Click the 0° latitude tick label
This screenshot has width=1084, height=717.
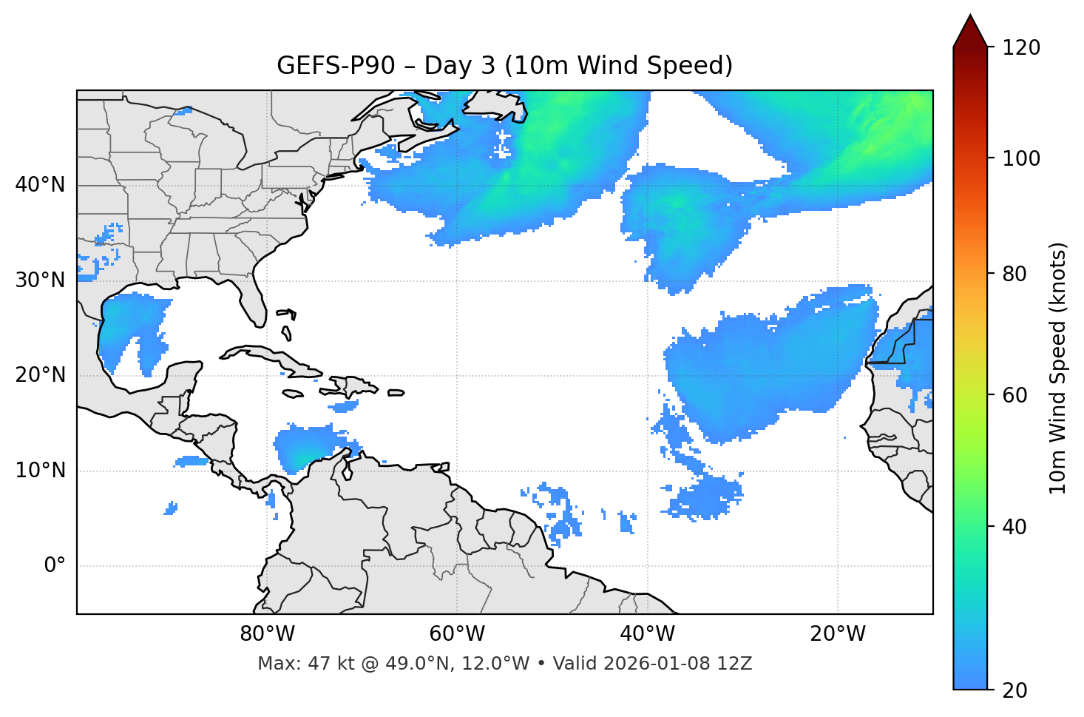[55, 566]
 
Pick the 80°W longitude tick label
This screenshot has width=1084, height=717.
[267, 634]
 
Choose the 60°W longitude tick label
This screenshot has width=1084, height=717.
[457, 634]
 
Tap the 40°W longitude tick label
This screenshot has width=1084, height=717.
[647, 634]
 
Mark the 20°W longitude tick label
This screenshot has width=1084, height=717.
[838, 634]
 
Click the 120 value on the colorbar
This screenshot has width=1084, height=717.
[1021, 48]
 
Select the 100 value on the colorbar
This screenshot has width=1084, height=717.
[1021, 158]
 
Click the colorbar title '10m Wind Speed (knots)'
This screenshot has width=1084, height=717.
[1058, 368]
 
